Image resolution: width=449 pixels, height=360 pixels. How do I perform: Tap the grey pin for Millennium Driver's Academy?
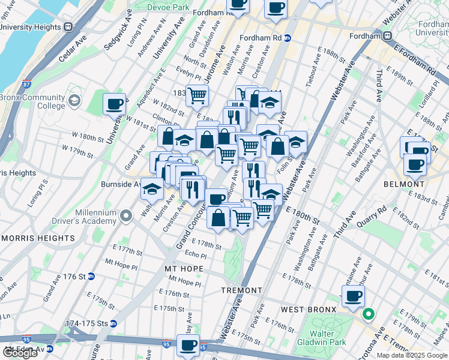[x=125, y=215]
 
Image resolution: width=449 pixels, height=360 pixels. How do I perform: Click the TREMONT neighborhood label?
[x=242, y=290]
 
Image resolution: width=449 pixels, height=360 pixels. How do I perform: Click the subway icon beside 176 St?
[x=91, y=277]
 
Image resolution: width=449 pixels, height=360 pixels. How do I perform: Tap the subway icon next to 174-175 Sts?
[x=113, y=323]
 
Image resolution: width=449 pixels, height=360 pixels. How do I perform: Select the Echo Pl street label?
[x=196, y=256]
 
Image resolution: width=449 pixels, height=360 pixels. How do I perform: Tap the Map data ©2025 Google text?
[x=411, y=355]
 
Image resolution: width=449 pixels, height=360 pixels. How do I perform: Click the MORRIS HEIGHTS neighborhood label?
[x=37, y=238]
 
